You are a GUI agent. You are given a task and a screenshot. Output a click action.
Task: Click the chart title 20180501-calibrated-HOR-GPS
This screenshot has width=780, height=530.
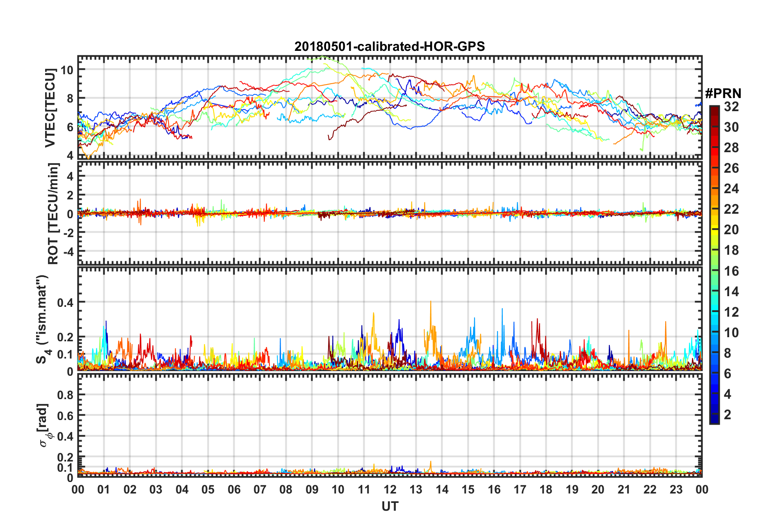(390, 46)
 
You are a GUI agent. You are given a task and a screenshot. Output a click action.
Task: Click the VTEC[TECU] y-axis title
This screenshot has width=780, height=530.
(50, 108)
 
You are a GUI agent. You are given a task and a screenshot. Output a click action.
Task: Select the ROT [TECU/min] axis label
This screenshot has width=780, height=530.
(53, 213)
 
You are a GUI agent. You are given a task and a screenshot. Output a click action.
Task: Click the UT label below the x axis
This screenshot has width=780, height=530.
(390, 507)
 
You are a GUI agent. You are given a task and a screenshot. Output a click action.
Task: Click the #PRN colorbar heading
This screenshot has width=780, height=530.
(723, 94)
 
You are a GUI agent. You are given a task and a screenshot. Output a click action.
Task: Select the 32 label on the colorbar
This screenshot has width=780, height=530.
(732, 107)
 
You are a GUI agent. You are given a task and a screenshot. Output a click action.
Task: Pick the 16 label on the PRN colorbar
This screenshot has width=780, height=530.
(732, 271)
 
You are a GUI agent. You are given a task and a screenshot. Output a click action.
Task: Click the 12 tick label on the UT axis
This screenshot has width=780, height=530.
(390, 489)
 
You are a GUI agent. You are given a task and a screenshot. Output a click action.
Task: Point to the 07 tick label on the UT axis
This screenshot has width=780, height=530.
(260, 489)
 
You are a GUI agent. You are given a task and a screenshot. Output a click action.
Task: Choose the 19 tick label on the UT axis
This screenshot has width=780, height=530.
(572, 489)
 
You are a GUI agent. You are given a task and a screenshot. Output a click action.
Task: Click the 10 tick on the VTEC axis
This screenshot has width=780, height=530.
(67, 70)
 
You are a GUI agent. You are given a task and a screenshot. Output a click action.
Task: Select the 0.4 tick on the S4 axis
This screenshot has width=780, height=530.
(65, 303)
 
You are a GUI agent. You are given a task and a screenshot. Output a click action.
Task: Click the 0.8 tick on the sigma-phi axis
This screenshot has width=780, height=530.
(65, 395)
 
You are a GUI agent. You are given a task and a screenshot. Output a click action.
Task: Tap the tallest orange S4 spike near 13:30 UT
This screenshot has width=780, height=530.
(431, 302)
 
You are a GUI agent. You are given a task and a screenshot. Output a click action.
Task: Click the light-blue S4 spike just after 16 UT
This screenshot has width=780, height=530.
(502, 309)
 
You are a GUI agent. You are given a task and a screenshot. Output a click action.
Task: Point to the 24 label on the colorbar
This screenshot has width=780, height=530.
(732, 189)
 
